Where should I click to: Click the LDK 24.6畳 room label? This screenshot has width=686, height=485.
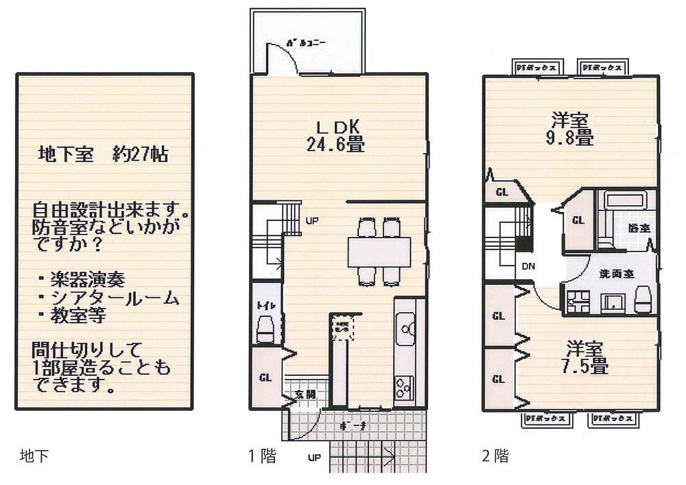334,136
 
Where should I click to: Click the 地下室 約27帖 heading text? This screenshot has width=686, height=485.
102,155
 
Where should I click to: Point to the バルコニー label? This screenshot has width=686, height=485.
315,43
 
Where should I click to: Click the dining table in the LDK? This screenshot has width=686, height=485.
379,251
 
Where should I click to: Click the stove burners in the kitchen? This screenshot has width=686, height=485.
402,388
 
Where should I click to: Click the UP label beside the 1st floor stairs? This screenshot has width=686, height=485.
311,221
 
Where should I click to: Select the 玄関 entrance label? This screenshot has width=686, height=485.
306,394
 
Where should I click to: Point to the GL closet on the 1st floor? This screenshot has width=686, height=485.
265,377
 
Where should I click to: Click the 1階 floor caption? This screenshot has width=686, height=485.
261,456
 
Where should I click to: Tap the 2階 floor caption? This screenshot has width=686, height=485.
495,456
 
